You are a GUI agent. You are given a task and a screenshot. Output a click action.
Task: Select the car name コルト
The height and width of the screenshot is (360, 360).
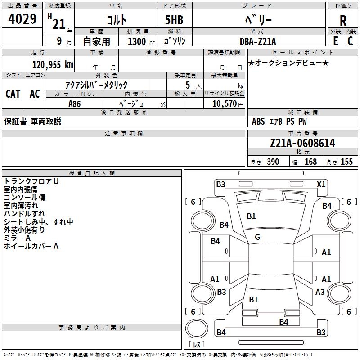tap(116, 20)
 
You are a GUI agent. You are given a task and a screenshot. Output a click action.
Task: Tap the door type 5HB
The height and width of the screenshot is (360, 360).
tap(174, 20)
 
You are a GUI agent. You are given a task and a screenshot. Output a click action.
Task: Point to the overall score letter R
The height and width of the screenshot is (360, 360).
tap(343, 20)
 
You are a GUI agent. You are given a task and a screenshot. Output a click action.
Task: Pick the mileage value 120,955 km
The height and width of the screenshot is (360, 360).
tap(53, 65)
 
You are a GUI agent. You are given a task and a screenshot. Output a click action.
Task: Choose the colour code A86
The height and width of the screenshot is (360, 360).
tap(75, 104)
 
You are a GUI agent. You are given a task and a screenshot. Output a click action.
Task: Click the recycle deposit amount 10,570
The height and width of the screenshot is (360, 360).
tap(224, 104)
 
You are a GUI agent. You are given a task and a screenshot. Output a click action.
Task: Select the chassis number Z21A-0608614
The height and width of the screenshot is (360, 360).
tap(302, 144)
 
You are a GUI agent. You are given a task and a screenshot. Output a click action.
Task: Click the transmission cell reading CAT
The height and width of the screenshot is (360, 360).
tap(13, 94)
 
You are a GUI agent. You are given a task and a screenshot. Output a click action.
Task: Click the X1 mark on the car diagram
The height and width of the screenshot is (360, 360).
tap(321, 184)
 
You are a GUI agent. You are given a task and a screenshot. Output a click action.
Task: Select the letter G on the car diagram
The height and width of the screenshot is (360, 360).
tap(257, 237)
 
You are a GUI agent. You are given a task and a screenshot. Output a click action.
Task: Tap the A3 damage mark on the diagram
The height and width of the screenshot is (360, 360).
tap(320, 292)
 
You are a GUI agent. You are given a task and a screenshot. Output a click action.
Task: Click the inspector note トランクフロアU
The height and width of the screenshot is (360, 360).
tap(31, 181)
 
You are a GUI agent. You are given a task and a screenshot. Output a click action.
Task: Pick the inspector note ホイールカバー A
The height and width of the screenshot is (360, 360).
tap(31, 246)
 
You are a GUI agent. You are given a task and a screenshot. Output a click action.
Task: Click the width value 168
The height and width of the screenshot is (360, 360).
tap(310, 162)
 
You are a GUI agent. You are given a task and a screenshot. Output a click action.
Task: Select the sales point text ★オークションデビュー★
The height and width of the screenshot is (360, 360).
tap(288, 63)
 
